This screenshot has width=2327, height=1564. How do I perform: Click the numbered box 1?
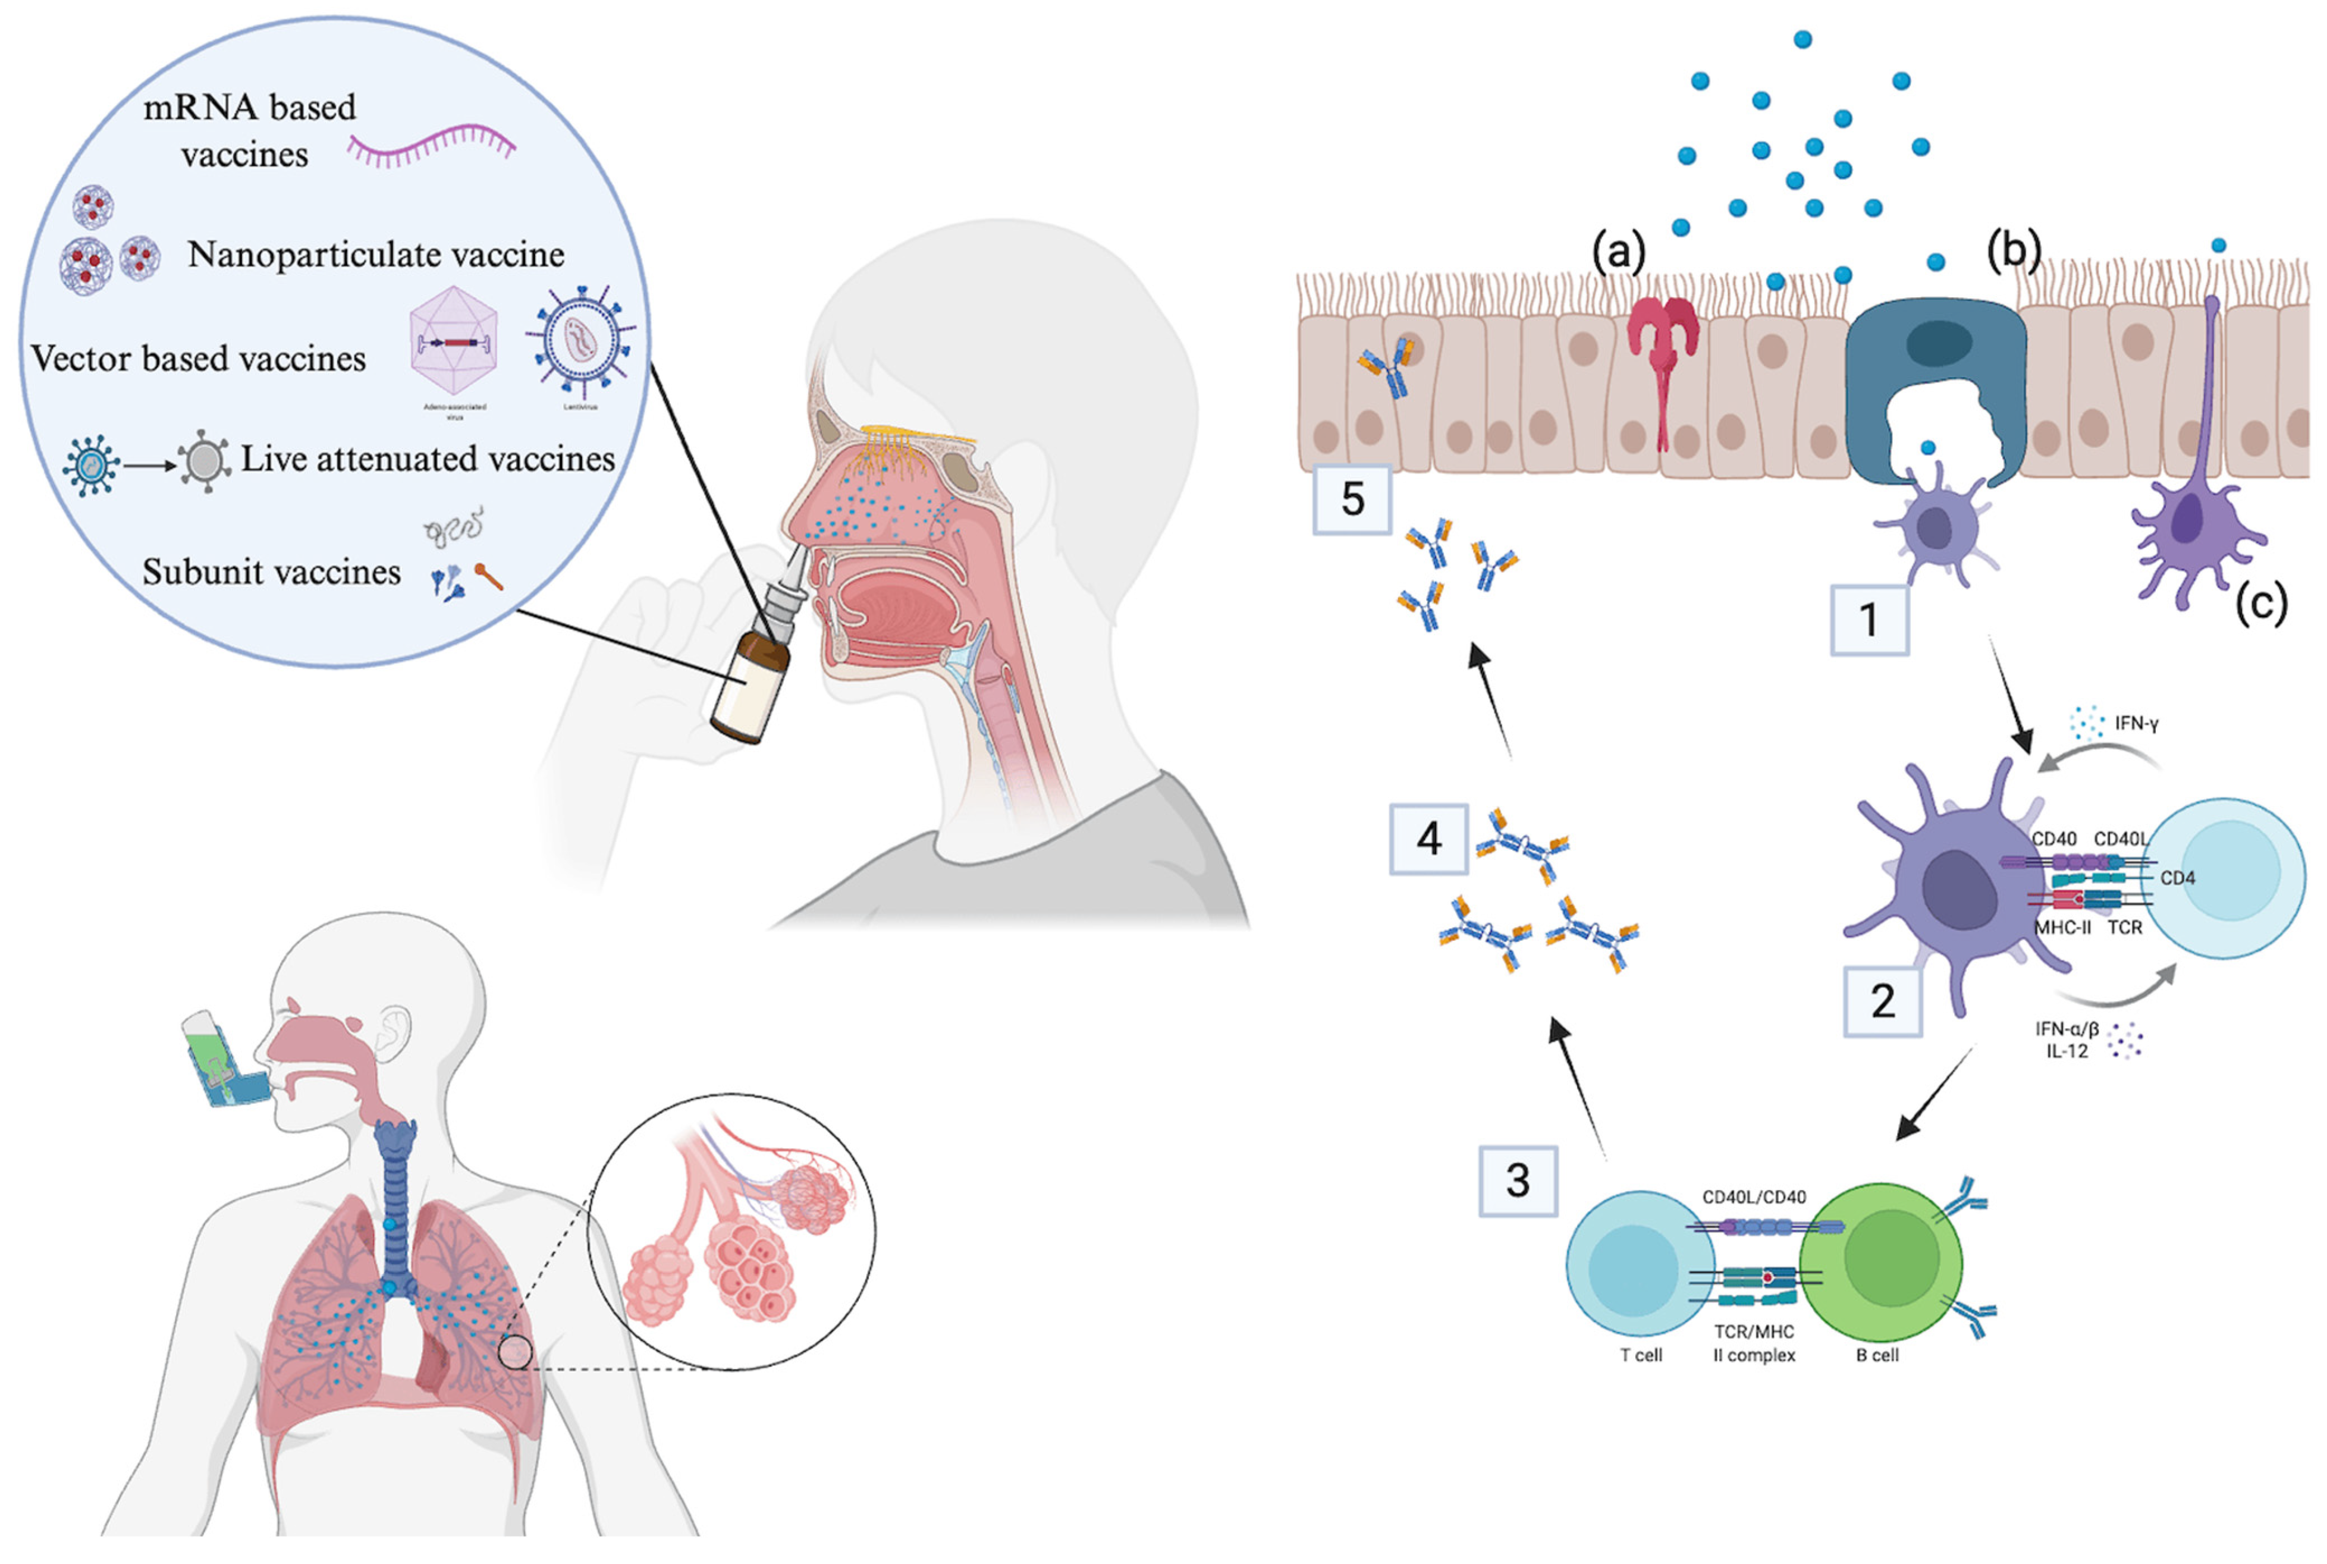point(1868,620)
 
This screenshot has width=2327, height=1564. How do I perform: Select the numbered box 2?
point(1881,1000)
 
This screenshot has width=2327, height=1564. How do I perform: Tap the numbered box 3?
point(1517,1180)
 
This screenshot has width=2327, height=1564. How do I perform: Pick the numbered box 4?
point(1428,839)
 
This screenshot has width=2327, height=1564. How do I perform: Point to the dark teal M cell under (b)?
point(1935,379)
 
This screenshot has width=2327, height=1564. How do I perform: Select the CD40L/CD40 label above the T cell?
point(1754,1197)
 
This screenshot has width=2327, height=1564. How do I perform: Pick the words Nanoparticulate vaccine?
point(376,255)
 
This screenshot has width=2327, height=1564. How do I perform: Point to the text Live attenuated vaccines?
point(428,459)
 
